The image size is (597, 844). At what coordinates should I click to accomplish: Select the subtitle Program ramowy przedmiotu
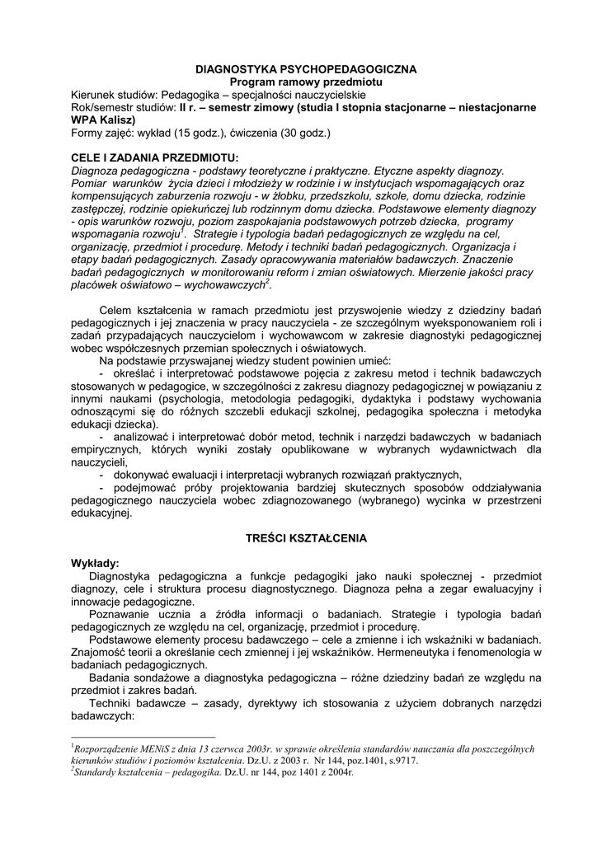click(299, 82)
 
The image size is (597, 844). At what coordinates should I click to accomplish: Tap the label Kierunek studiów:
click(114, 95)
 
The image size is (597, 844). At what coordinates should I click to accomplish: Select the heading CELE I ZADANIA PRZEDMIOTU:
click(155, 157)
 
